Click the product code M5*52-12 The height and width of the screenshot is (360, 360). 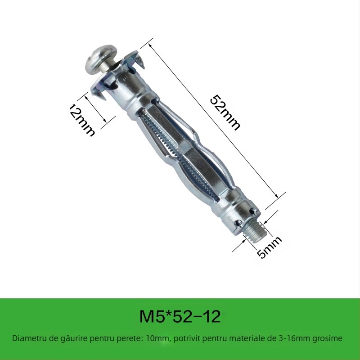(180, 317)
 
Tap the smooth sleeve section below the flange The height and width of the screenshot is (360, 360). (130, 97)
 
